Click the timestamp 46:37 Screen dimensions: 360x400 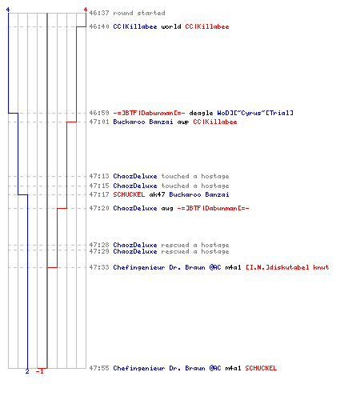click(99, 13)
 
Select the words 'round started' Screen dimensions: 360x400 click(139, 13)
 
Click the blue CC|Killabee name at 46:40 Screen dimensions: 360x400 click(135, 26)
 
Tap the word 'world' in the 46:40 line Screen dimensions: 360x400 click(171, 26)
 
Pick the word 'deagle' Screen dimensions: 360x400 click(201, 113)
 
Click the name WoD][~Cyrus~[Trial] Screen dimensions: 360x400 click(255, 113)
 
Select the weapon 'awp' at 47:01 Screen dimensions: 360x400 click(183, 122)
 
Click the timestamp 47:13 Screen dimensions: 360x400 click(99, 176)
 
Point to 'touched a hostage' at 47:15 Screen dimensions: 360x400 click(195, 186)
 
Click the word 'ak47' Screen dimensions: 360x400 click(157, 194)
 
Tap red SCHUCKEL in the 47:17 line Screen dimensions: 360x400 click(129, 194)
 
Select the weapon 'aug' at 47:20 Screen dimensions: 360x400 click(167, 209)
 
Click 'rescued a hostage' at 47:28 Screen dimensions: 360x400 click(195, 245)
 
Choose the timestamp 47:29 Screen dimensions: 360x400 click(99, 251)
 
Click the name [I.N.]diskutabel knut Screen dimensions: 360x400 click(287, 267)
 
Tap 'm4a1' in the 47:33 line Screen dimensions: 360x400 click(233, 267)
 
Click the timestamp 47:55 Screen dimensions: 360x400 click(99, 368)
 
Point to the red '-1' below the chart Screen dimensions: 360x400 click(39, 371)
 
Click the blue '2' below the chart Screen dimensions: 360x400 click(27, 371)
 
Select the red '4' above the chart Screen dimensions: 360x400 click(86, 10)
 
